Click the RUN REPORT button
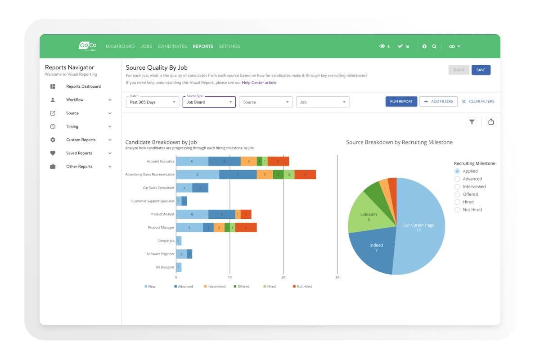click(x=401, y=102)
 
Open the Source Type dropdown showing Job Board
click(x=209, y=102)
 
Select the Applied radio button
click(x=457, y=171)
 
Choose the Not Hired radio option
click(x=457, y=210)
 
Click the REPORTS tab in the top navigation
click(x=203, y=46)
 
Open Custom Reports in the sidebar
click(x=81, y=140)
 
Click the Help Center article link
click(x=259, y=83)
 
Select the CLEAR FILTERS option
click(x=478, y=102)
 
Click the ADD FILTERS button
click(x=438, y=102)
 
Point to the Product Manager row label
click(x=161, y=228)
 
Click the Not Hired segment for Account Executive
click(x=278, y=161)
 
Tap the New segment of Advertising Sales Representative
click(x=197, y=175)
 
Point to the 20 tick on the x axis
click(x=283, y=277)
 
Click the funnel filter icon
click(x=472, y=122)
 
